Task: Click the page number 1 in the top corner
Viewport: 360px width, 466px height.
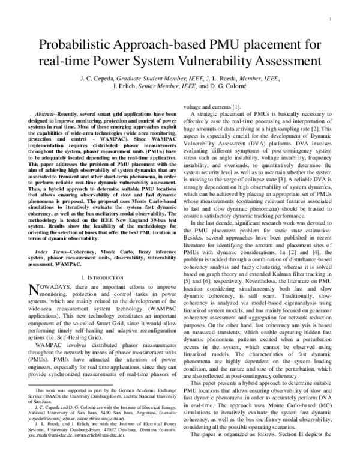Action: click(331, 19)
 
